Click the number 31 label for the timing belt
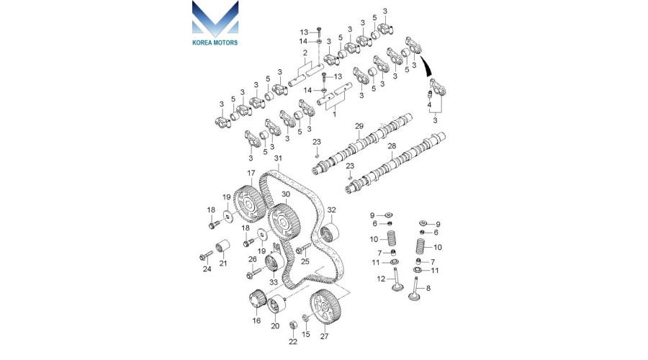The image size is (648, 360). point(278,158)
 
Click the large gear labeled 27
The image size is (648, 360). point(323,310)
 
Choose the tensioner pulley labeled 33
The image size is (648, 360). point(274,264)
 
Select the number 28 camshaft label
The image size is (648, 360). point(392,146)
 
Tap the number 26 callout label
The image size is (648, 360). point(252,260)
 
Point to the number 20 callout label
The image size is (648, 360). point(275,326)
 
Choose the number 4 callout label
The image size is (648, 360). point(430,105)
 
